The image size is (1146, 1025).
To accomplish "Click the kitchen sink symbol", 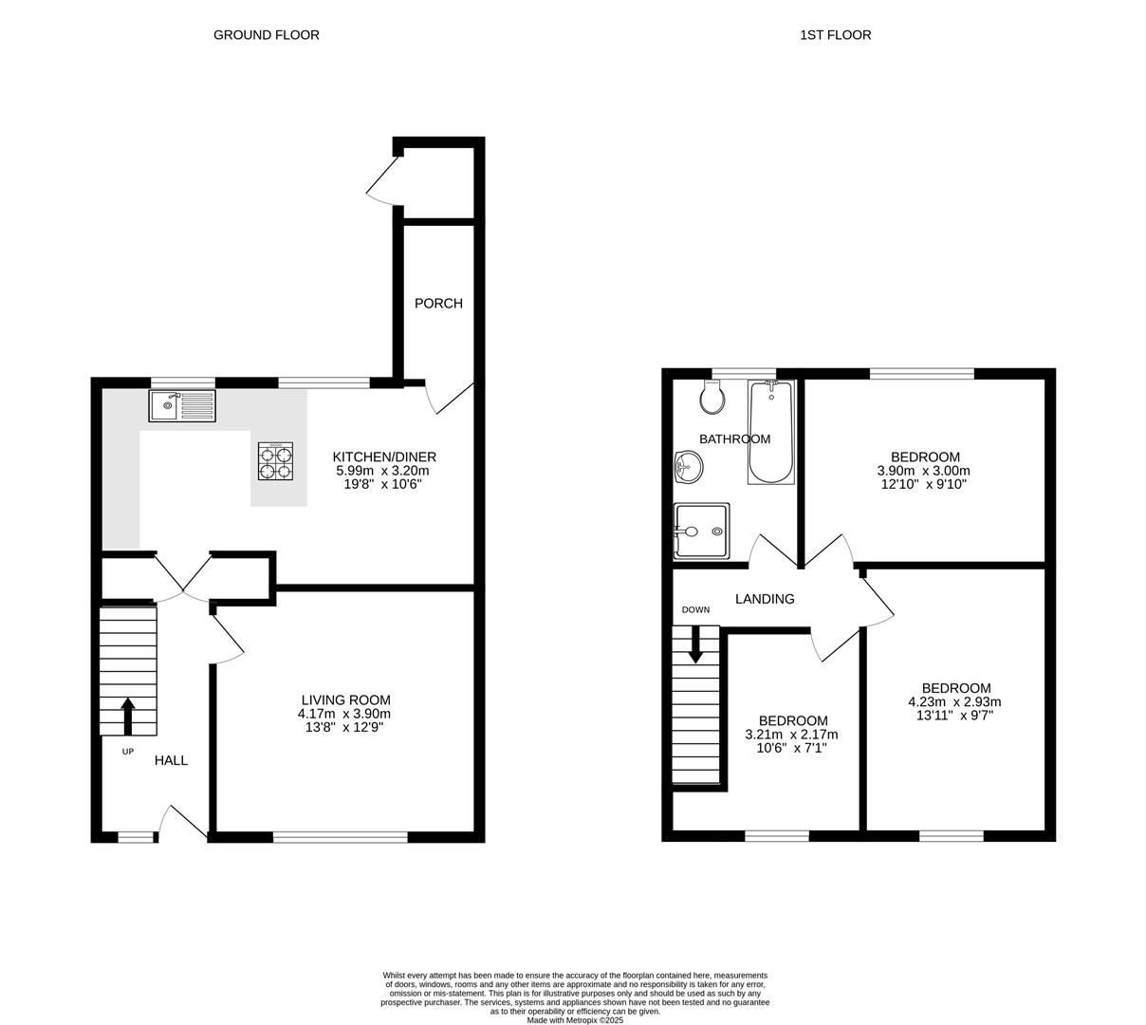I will pos(182,406).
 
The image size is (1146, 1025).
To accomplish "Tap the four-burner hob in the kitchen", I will pos(275,460).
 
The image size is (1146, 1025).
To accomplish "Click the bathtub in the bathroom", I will pos(770,432).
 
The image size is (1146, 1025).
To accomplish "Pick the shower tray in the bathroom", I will pos(701,531).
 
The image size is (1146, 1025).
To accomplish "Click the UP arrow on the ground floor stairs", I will pos(127,717).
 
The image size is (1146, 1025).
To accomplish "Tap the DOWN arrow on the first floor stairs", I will pos(695,645).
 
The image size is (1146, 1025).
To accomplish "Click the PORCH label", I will pos(438,304).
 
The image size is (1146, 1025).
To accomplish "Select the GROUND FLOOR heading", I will pos(266,35).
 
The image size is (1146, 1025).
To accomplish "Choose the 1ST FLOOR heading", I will pos(835,35).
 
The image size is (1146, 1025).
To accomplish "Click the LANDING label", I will pos(765,599).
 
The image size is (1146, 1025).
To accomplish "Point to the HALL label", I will pos(171,760).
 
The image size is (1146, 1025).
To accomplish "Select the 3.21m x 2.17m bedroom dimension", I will pos(792,735).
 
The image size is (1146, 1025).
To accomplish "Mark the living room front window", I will pos(341,837).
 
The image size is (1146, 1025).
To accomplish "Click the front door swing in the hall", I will pos(182,822).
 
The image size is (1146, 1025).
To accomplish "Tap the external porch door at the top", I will pos(383,180).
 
